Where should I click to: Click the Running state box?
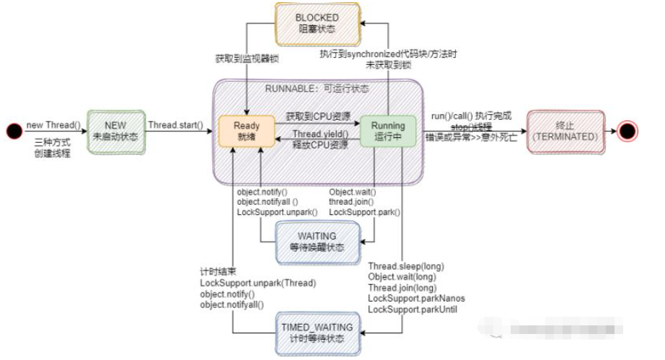click(388, 131)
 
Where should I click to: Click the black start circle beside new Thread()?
click(13, 131)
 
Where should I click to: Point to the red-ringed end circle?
click(627, 131)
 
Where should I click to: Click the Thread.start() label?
click(175, 124)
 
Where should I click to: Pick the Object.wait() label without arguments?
click(353, 193)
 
